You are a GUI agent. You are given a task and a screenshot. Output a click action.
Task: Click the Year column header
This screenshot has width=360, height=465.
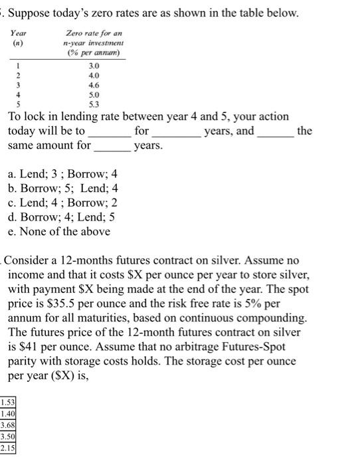point(19,33)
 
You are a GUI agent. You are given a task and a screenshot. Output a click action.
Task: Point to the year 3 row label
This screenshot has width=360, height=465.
point(18,85)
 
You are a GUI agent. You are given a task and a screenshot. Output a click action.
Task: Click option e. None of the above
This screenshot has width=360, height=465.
point(59,231)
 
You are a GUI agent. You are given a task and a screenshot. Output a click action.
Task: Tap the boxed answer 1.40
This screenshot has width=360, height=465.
point(9,414)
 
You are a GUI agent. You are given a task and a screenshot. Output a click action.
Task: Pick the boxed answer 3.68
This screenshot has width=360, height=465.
point(9,425)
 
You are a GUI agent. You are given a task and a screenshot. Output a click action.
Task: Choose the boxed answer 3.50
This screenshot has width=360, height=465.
point(9,436)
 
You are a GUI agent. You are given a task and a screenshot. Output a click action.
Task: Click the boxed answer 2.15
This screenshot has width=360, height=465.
point(9,448)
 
